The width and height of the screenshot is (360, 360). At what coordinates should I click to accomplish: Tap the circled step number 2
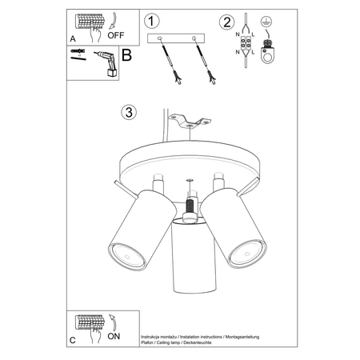pyautogui.click(x=227, y=22)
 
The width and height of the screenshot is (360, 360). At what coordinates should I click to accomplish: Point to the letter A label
pyautogui.click(x=74, y=37)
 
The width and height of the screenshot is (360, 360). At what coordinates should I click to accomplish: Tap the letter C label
pyautogui.click(x=74, y=341)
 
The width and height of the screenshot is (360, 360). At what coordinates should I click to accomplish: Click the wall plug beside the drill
pyautogui.click(x=78, y=54)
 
